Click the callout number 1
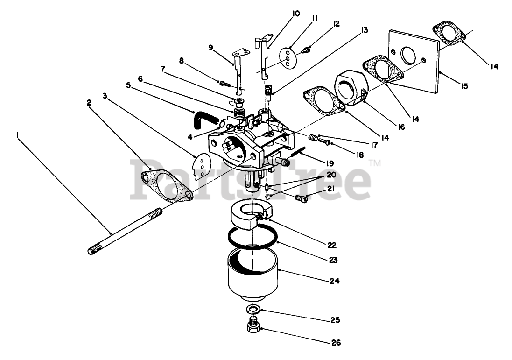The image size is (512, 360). [17, 134]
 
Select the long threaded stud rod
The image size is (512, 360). [125, 232]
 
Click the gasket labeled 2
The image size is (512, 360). [167, 185]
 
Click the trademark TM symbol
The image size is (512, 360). [375, 163]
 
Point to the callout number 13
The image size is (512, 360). [364, 31]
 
